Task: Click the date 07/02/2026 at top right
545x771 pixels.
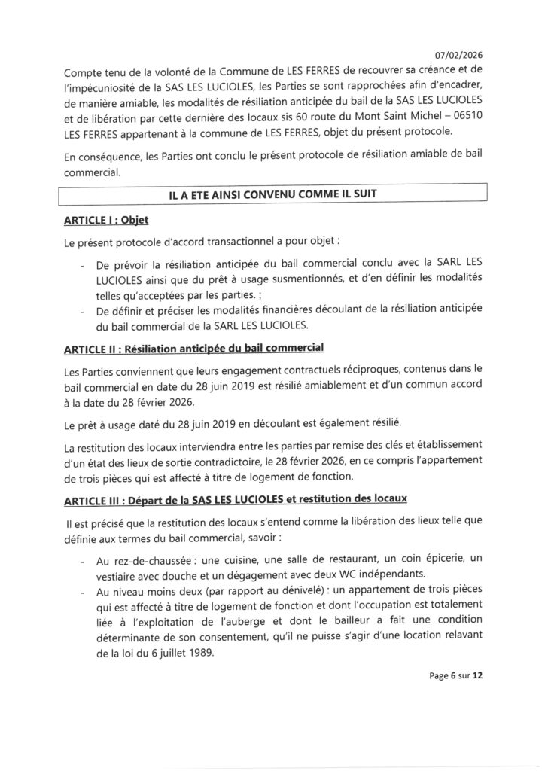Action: tap(459, 53)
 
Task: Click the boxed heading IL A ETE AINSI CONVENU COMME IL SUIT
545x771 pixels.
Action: tap(273, 194)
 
